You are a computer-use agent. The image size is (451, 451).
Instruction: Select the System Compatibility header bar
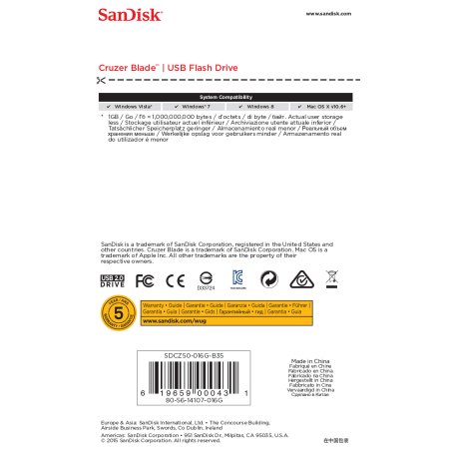point(225,96)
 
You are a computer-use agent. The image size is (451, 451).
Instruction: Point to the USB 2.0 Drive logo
point(114,280)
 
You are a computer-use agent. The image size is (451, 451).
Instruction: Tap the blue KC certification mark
point(237,278)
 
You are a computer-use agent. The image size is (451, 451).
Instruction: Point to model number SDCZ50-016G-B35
point(193,355)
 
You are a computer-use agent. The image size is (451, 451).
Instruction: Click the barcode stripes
point(193,377)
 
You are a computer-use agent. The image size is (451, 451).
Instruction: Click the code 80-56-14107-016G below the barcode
point(194,401)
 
